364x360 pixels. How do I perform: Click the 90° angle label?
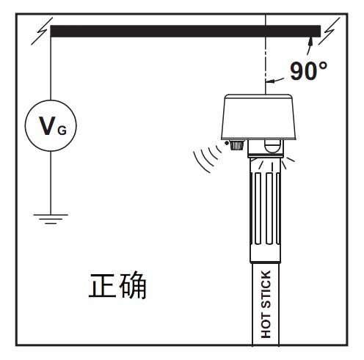coord(308,71)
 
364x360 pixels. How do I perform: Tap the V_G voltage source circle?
coord(51,100)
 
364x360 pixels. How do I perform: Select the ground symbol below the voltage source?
coord(51,219)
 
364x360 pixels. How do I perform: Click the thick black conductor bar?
coord(186,31)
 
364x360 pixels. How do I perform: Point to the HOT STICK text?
coord(266,304)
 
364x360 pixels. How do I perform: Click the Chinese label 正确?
coord(117,285)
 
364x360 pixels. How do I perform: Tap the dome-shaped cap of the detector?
coord(258,117)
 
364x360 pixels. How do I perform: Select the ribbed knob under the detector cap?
coord(237,145)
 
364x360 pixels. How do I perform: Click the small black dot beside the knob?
coord(227,143)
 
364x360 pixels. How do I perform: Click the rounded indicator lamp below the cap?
coord(273,146)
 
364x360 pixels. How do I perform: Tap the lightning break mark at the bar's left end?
coord(42,31)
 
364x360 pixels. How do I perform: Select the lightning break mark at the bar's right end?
coord(329,31)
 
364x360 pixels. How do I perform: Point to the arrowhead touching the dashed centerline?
coord(270,81)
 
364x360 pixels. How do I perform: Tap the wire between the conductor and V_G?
coord(51,68)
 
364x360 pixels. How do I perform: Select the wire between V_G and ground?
coord(51,183)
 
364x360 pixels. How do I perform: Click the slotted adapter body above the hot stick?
coord(266,210)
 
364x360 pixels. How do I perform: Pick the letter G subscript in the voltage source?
coord(62,131)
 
